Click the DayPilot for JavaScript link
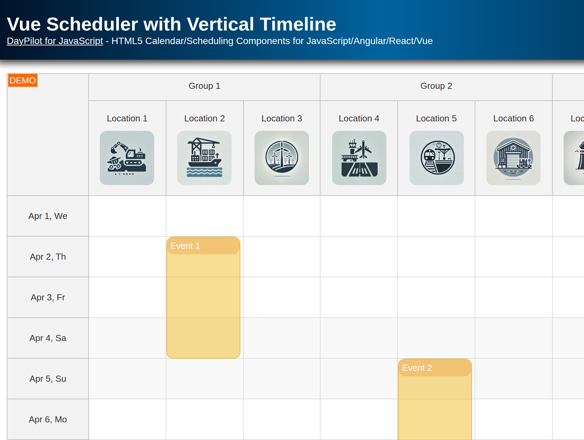tap(55, 41)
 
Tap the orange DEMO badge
tap(23, 80)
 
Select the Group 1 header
tap(204, 86)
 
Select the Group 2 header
tap(436, 86)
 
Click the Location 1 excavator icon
tap(127, 158)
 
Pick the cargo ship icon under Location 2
tap(204, 158)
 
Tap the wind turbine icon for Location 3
tap(282, 158)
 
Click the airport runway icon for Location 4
tap(359, 158)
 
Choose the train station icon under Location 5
tap(437, 158)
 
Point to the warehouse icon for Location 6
tap(513, 158)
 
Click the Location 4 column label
tap(359, 118)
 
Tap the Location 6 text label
tap(513, 118)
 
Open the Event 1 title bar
tap(203, 246)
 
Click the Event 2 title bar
tap(435, 368)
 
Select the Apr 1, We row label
tap(48, 216)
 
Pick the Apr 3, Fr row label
tap(48, 297)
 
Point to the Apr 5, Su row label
tap(48, 379)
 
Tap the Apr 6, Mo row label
tap(48, 419)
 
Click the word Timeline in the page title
tap(298, 24)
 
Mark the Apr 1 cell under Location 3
tap(282, 216)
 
